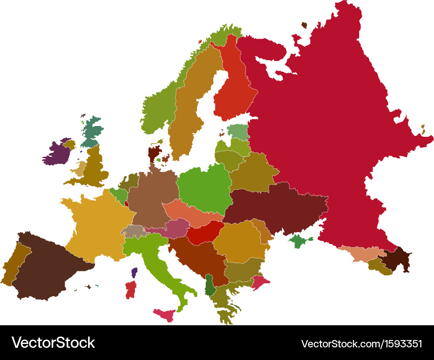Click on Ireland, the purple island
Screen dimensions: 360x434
pos(56,154)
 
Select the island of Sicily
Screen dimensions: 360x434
pos(164,315)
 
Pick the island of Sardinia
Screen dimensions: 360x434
pos(131,290)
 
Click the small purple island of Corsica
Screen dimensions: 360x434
pos(134,273)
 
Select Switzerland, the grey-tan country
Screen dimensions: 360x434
pos(132,231)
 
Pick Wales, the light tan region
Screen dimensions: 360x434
pos(80,168)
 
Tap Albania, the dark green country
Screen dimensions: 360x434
pos(210,285)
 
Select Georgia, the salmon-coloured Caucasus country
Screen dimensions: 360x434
pos(360,254)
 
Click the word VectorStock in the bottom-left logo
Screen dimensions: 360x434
pos(53,343)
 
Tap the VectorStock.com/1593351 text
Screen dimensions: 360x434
pos(361,343)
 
